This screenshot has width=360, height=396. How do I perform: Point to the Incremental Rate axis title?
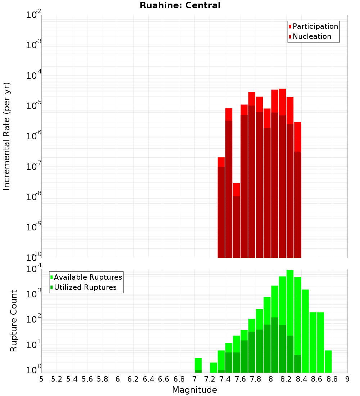tap(7, 136)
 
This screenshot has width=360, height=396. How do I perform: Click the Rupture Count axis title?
tap(14, 321)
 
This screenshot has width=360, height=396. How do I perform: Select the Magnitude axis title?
tap(194, 390)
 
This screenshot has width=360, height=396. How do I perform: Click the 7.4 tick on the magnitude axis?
tap(225, 379)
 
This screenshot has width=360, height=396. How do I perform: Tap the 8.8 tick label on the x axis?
tap(332, 379)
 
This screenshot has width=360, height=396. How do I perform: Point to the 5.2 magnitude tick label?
tap(57, 379)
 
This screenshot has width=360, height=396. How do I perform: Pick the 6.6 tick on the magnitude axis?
tap(164, 379)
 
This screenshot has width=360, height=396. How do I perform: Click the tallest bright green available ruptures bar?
tap(290, 320)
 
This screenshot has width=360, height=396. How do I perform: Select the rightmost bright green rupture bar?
tap(328, 361)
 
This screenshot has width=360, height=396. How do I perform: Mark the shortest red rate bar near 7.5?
tap(236, 220)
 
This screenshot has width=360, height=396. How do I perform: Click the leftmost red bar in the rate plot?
tap(221, 207)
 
